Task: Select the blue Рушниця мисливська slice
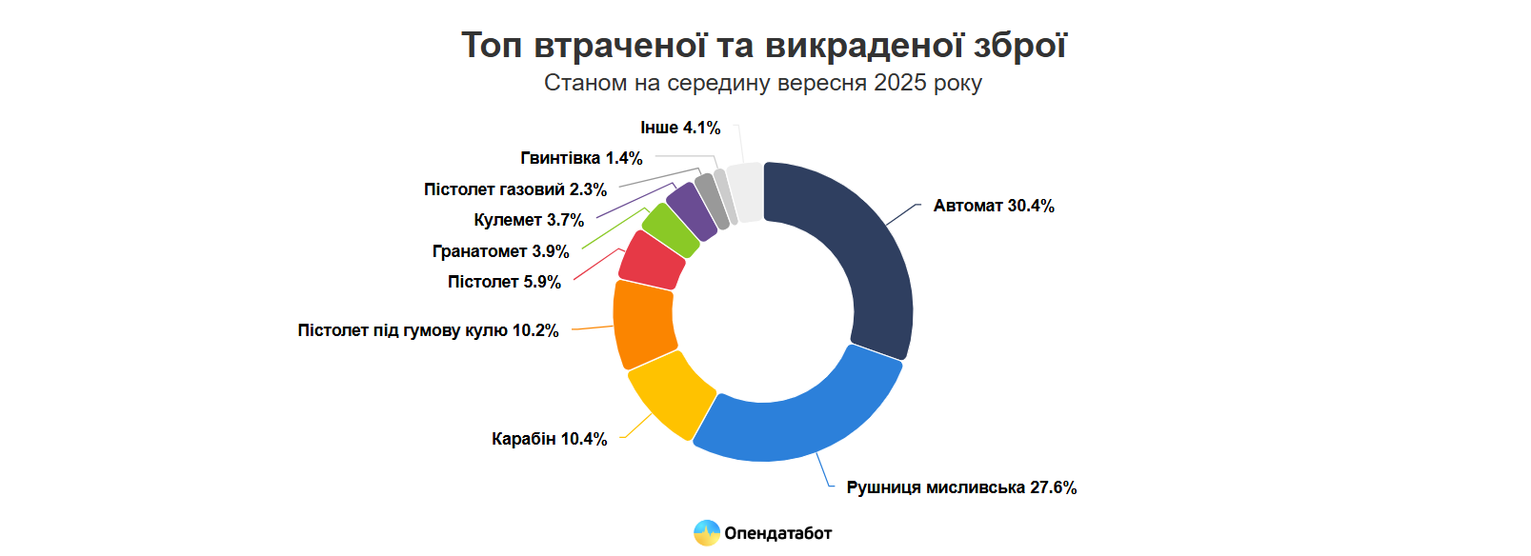(800, 419)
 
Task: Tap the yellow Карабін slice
(671, 392)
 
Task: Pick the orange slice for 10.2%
(644, 324)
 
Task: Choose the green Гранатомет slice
(671, 229)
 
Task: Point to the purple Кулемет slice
(692, 210)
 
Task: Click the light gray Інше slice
(746, 192)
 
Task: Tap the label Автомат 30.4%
(994, 206)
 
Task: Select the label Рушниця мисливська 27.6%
(961, 487)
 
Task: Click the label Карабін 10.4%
(549, 439)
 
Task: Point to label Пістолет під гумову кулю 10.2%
(428, 330)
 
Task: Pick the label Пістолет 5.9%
(504, 282)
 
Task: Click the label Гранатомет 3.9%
(500, 251)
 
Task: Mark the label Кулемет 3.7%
(529, 220)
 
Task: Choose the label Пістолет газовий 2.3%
(515, 189)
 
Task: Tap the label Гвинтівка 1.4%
(581, 158)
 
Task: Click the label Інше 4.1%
(680, 128)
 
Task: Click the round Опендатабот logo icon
(706, 533)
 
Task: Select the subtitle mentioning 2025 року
(762, 83)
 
